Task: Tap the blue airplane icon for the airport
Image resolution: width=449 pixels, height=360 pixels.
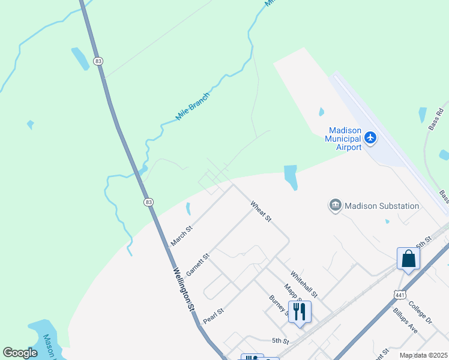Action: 370,138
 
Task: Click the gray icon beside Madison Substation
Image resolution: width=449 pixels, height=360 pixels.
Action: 335,206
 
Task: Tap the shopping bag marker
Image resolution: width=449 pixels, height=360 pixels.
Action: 408,259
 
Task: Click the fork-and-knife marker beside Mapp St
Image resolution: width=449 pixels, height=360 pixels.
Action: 300,311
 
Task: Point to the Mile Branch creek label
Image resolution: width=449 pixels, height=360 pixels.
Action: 193,106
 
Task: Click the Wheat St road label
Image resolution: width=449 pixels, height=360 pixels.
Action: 261,211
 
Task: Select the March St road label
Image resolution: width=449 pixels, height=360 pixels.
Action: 181,236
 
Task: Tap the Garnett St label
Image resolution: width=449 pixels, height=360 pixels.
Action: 197,264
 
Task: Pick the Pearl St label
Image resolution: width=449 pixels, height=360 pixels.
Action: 213,314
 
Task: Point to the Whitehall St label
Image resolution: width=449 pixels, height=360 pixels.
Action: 304,283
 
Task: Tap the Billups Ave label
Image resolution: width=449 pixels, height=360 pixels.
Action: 405,321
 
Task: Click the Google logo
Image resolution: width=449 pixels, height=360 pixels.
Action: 20,353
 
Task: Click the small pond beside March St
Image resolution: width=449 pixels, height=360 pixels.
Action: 188,209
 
